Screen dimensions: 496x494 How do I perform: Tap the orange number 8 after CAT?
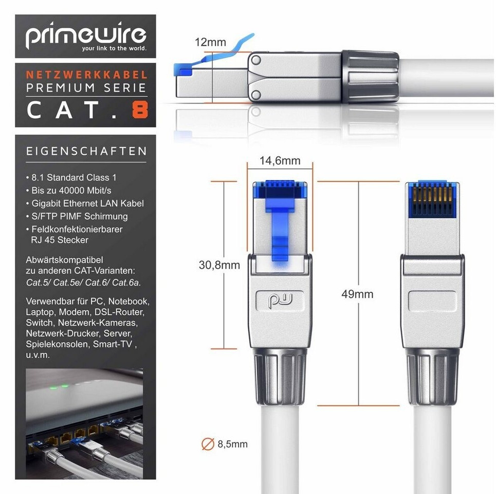140,111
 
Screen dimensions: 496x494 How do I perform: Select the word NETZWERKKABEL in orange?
87,75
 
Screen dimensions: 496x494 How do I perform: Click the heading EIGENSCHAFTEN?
86,151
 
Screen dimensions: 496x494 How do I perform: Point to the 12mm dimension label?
210,42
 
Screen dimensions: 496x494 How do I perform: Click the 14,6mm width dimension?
280,161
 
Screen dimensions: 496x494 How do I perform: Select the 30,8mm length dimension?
219,264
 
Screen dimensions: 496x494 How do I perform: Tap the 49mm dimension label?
357,294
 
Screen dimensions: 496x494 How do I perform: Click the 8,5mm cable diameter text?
232,444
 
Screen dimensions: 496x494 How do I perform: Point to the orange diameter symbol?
208,444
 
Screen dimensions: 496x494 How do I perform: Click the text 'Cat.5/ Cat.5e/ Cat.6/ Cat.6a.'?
83,282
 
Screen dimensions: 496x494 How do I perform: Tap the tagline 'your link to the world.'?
114,48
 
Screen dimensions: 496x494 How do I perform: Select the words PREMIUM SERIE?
86,87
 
